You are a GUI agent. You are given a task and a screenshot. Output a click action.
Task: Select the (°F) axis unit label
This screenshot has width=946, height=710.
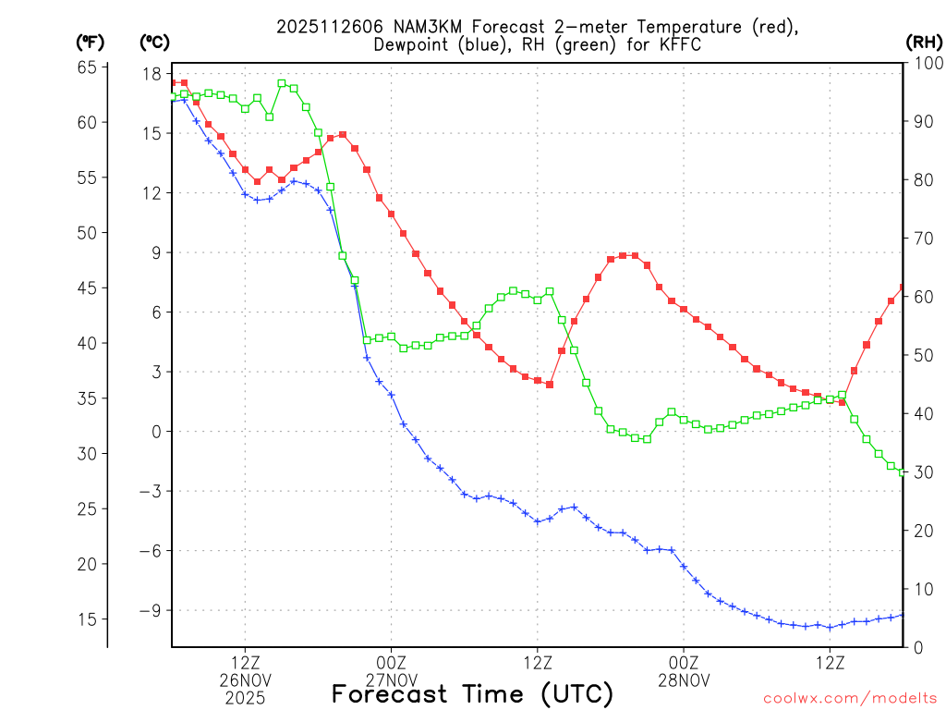point(91,42)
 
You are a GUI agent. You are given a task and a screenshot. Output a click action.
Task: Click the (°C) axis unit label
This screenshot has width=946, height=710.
point(154,42)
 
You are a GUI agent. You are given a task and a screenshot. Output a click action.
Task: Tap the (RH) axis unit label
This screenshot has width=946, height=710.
point(924,42)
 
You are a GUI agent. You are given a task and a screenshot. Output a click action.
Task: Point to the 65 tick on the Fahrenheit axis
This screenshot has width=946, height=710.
point(88,67)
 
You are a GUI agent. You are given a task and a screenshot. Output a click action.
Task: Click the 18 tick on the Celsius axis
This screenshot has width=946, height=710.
point(152,74)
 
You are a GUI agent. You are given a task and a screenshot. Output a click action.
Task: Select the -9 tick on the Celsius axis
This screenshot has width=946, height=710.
point(151,610)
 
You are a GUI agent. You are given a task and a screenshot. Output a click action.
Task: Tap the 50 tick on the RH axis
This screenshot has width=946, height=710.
point(921,355)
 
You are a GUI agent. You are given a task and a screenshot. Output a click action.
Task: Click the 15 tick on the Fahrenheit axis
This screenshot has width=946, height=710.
point(88,618)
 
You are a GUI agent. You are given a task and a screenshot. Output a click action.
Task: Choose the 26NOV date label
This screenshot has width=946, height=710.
point(245,680)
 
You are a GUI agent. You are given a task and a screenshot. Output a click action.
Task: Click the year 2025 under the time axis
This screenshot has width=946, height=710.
point(245,698)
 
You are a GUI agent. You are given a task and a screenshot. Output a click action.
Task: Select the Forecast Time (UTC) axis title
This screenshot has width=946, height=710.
point(472,693)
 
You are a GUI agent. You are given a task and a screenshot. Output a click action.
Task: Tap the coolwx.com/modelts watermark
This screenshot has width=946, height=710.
point(850,697)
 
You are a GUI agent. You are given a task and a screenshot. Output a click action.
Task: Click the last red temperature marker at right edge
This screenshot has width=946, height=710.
point(903,288)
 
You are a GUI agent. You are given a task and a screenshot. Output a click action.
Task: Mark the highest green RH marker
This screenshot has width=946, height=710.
point(282,83)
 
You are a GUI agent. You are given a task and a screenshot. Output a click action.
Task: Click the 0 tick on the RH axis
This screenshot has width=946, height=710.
point(916,647)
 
